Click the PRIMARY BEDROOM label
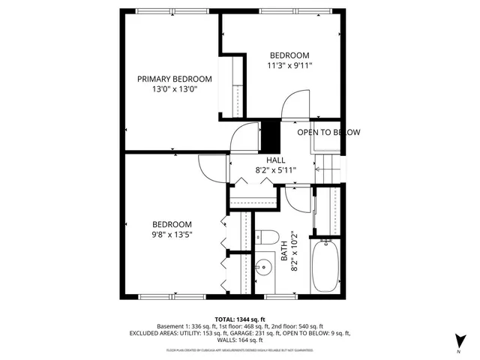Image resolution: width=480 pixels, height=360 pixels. pyautogui.click(x=173, y=79)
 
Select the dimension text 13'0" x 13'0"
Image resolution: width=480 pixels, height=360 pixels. pyautogui.click(x=173, y=90)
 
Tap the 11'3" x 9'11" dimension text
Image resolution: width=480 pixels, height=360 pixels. pyautogui.click(x=289, y=66)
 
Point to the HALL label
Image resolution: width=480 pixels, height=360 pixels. pyautogui.click(x=275, y=159)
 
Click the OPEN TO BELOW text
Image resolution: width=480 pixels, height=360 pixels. pyautogui.click(x=328, y=133)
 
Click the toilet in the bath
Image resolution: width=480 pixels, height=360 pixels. pyautogui.click(x=266, y=238)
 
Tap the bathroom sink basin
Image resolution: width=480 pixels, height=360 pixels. pyautogui.click(x=265, y=265)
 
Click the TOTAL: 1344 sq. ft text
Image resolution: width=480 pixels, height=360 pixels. pyautogui.click(x=240, y=319)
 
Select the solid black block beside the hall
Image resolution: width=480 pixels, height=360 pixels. pyautogui.click(x=269, y=136)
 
